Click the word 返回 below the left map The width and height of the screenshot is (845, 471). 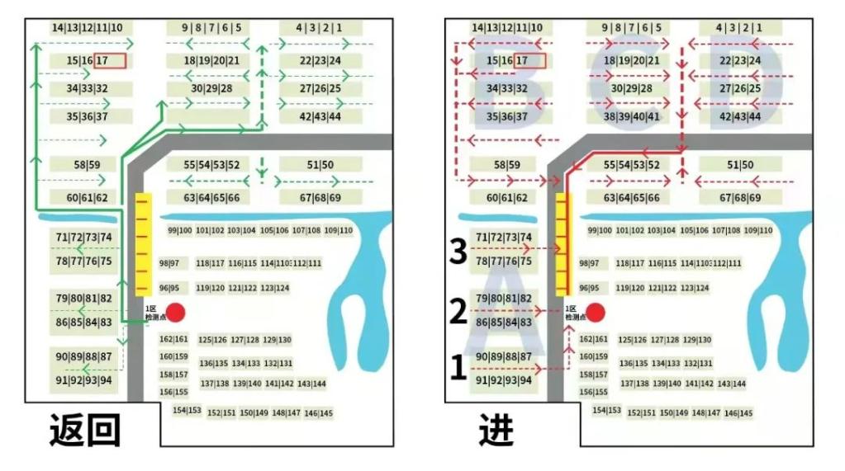click(x=85, y=430)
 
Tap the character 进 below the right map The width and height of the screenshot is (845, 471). click(x=496, y=430)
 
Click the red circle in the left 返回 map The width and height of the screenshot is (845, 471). click(x=174, y=313)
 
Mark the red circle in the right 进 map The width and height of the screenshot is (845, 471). click(x=595, y=313)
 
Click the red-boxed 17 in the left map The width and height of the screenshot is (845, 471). click(x=110, y=60)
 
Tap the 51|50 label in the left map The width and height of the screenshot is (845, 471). click(x=320, y=165)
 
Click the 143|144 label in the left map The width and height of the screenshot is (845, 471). click(x=311, y=384)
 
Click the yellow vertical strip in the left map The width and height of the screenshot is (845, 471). click(x=144, y=244)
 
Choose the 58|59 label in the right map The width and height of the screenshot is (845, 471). click(x=506, y=165)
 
